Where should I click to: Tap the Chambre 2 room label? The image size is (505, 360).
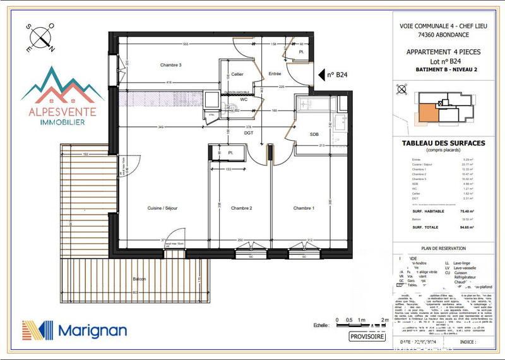(x=242, y=208)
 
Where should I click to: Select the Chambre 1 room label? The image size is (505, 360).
(x=304, y=208)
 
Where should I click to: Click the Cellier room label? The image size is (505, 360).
(x=237, y=75)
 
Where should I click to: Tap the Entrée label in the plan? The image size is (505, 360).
(x=275, y=74)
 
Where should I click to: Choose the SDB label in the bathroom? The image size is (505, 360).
(x=314, y=135)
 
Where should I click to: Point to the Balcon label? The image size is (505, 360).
(x=140, y=279)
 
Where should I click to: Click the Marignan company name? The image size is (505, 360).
(x=93, y=330)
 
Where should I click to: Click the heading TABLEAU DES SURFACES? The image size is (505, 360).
(x=443, y=143)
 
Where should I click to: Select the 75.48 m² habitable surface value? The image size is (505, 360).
(x=468, y=211)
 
